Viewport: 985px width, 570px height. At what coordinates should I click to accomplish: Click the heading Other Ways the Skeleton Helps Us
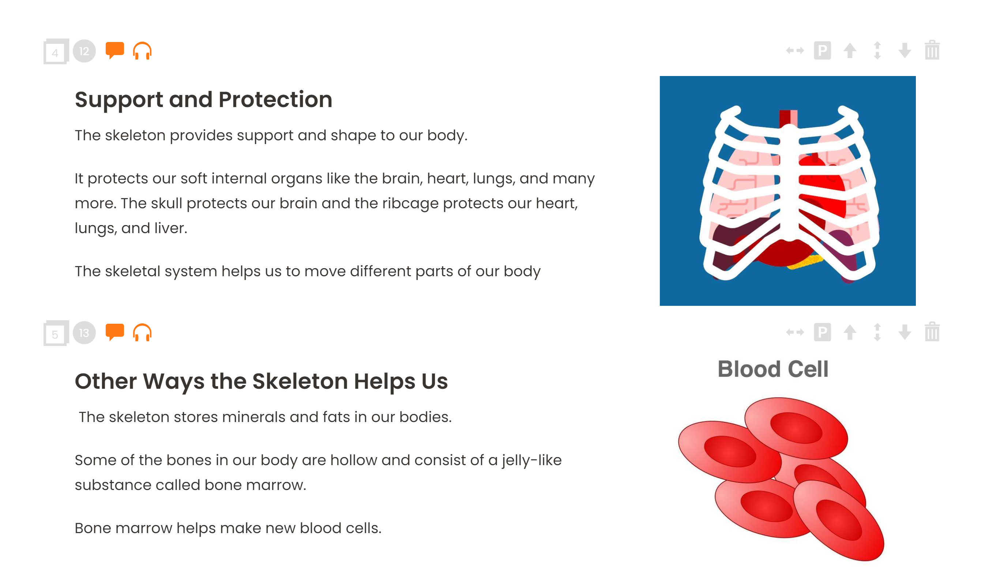point(261,381)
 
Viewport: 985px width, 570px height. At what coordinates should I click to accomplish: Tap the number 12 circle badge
point(84,51)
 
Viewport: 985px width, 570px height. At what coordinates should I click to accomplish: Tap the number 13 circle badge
point(84,333)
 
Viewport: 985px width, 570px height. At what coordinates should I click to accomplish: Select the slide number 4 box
point(56,52)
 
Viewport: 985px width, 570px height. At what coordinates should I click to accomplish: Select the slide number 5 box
point(56,333)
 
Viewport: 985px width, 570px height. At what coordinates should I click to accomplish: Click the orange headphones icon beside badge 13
point(142,332)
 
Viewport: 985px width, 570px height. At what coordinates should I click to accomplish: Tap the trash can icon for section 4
point(932,50)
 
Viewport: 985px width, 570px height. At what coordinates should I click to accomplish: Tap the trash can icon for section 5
point(932,332)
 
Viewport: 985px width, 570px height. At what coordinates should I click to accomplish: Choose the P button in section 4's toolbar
point(822,51)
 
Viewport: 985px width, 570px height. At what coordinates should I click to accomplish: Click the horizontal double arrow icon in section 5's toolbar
point(795,332)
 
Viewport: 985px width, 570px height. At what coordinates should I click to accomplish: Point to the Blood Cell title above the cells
point(773,369)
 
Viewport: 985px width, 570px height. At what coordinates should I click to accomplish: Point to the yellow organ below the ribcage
point(805,262)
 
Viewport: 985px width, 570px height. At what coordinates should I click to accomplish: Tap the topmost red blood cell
point(796,428)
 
